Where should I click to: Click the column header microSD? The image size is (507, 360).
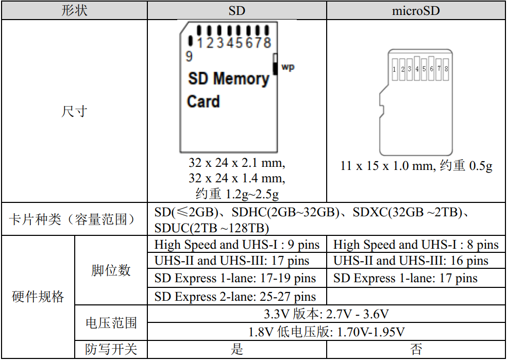[x=416, y=10]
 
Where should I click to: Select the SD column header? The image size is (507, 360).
[x=236, y=10]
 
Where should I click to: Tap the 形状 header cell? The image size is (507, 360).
[x=74, y=10]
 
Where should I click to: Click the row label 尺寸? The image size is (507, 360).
[x=74, y=111]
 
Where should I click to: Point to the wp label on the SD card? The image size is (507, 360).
[x=288, y=67]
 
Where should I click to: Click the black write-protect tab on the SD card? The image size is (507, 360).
[x=276, y=64]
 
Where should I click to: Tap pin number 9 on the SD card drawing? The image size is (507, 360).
[x=190, y=56]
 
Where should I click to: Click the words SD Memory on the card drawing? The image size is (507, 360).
[x=228, y=79]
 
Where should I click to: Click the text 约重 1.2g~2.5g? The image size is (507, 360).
[x=236, y=193]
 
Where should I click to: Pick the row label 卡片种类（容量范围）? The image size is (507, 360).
[x=74, y=219]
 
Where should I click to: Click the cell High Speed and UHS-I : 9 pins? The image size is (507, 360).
[x=237, y=245]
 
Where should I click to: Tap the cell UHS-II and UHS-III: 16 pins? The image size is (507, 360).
[x=411, y=261]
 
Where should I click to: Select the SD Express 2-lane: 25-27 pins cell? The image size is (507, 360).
[x=235, y=297]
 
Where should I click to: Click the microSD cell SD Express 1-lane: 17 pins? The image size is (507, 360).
[x=405, y=279]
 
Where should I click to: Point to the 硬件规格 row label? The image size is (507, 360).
[x=38, y=297]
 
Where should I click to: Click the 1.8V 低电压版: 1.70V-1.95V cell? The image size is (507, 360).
[x=327, y=331]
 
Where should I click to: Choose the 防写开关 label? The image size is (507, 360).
[x=111, y=350]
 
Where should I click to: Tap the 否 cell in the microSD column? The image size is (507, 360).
[x=416, y=350]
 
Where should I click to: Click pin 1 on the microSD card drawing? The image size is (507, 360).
[x=394, y=68]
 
